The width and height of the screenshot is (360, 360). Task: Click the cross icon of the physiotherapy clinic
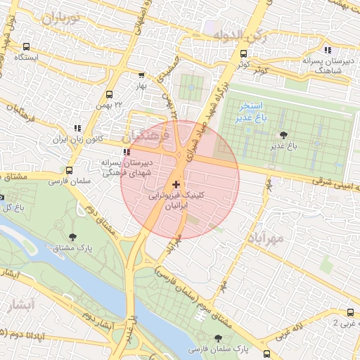coord(176,184)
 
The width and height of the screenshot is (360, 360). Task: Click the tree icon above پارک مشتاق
coord(74,236)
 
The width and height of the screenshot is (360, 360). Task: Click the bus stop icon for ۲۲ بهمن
coord(109,94)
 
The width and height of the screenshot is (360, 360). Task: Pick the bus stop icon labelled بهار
coord(141,75)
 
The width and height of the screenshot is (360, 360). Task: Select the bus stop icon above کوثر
coord(243,53)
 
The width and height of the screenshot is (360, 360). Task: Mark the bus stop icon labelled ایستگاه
coord(27,46)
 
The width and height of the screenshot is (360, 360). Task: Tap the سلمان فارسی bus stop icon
coord(68,170)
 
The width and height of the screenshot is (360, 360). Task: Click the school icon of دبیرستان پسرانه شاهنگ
coord(328,50)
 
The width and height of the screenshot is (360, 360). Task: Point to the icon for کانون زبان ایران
coord(77,129)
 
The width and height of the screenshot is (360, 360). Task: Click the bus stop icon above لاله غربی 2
coord(349,313)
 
